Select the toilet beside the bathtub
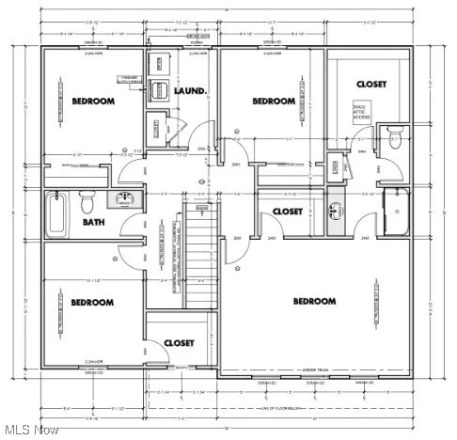[x=87, y=201]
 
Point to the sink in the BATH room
[x=123, y=199]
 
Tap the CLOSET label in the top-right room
[x=370, y=85]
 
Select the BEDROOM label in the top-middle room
[x=273, y=101]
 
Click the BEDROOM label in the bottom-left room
[x=91, y=302]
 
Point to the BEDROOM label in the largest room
[x=314, y=301]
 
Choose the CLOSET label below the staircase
[x=179, y=343]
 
